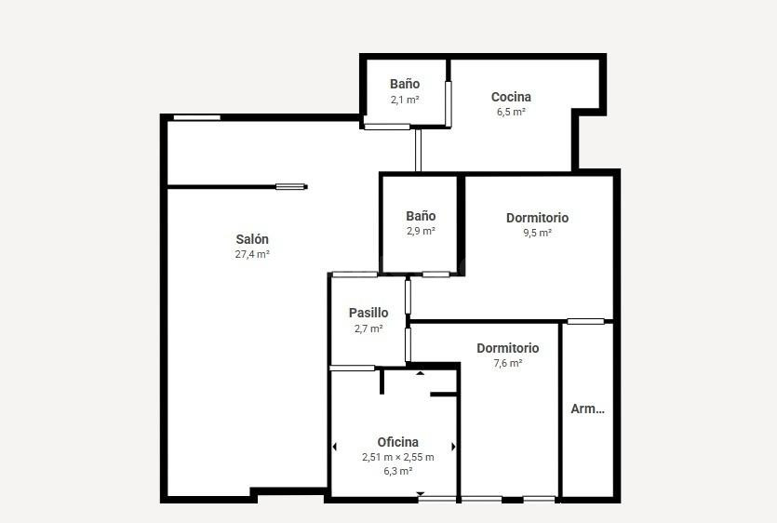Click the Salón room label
click(x=252, y=239)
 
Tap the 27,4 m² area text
click(x=252, y=254)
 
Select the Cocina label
click(x=511, y=97)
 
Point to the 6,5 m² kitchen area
click(x=511, y=112)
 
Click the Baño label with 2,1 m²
click(x=405, y=84)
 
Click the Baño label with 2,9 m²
click(x=421, y=216)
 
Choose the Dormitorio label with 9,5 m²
click(x=537, y=218)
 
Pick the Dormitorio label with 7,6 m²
click(x=507, y=348)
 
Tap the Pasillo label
click(x=368, y=313)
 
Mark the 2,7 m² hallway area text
click(x=368, y=329)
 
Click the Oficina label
click(x=398, y=442)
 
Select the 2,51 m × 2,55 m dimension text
click(x=398, y=457)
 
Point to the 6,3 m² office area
click(x=398, y=471)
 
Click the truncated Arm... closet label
click(x=587, y=409)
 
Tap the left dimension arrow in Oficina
click(x=334, y=447)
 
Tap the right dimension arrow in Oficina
click(x=453, y=447)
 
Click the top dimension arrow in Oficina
click(x=421, y=373)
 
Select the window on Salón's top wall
click(x=196, y=117)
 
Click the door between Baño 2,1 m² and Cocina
click(x=448, y=104)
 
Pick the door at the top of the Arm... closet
click(x=585, y=321)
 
